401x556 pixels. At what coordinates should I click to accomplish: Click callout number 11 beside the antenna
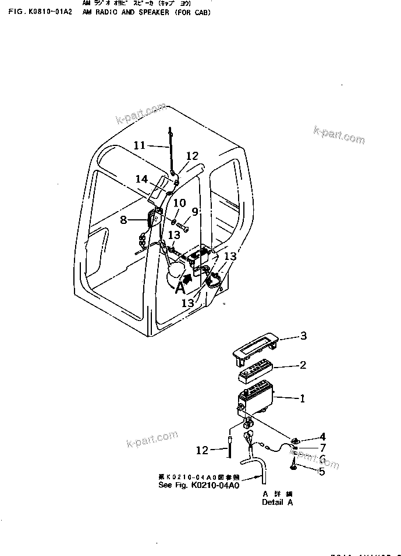coord(139,145)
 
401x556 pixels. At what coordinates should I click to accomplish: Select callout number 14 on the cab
coord(142,179)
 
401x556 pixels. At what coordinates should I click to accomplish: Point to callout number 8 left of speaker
coord(123,219)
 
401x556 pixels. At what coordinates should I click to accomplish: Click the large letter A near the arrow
coord(181,286)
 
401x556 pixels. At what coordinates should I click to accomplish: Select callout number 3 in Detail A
coord(303,336)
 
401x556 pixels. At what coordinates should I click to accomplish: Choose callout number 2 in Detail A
coord(303,366)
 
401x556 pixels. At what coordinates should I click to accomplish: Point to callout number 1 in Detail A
coord(302,399)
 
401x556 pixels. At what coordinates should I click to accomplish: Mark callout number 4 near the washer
coord(322,437)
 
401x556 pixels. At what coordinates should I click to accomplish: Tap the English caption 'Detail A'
coord(277,502)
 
